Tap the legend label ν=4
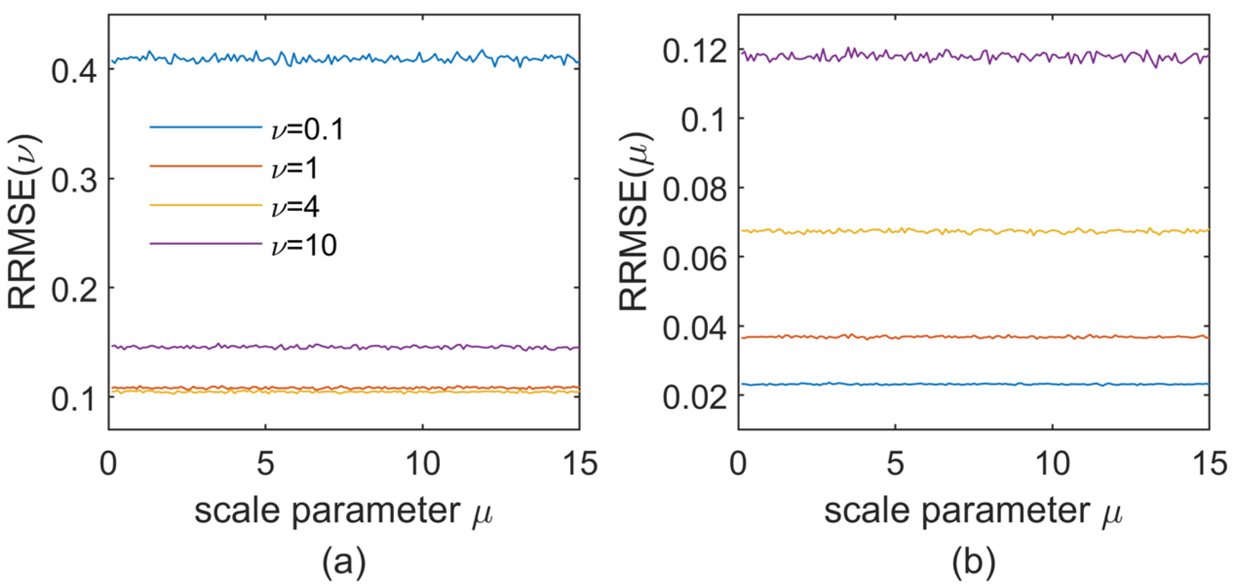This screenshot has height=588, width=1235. point(295,207)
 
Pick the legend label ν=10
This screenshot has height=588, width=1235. point(304,245)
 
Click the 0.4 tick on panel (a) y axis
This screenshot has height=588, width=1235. point(73,72)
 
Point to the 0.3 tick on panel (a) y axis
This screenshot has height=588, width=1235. point(73,181)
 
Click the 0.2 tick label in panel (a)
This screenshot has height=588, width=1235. point(73,290)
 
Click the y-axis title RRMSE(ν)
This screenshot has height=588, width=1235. point(23,221)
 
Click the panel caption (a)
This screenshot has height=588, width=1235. point(343,562)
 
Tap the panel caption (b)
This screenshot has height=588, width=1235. point(973,562)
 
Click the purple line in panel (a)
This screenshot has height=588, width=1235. point(341,347)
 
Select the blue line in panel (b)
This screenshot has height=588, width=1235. point(974,384)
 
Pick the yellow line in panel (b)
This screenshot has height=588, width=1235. point(974,231)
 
